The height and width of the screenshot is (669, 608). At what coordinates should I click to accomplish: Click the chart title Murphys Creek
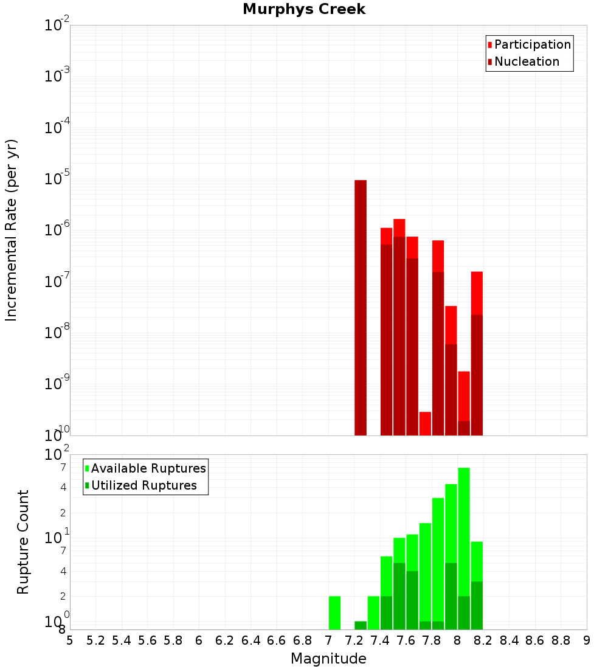[x=304, y=10]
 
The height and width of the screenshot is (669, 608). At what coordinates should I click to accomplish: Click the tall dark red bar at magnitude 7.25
[x=361, y=307]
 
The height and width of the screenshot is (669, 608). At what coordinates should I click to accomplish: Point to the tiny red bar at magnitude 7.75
[x=425, y=423]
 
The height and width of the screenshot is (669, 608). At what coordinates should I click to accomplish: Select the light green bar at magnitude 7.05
[x=334, y=612]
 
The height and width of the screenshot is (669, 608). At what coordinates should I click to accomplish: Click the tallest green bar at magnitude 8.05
[x=464, y=547]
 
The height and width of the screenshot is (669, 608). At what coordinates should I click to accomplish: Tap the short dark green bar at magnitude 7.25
[x=361, y=625]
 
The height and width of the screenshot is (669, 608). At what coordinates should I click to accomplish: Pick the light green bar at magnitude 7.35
[x=373, y=612]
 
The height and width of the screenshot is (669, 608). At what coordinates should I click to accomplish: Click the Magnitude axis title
[x=328, y=659]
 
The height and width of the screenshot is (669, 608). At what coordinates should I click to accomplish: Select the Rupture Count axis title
[x=23, y=541]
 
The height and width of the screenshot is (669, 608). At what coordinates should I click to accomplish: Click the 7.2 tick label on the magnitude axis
[x=354, y=640]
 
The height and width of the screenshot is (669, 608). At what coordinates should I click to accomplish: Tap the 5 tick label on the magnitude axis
[x=70, y=640]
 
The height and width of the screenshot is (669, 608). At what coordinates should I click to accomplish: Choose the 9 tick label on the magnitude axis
[x=587, y=640]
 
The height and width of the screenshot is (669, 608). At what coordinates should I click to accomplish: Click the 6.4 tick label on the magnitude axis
[x=250, y=640]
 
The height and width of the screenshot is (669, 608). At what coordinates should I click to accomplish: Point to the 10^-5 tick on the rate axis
[x=57, y=179]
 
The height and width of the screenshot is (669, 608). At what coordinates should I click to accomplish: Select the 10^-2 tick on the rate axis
[x=57, y=26]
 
